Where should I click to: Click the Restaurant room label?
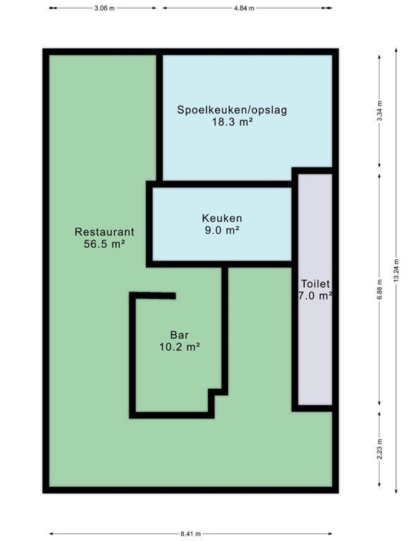pyautogui.click(x=104, y=232)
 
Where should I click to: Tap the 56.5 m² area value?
pyautogui.click(x=104, y=244)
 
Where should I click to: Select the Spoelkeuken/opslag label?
pyautogui.click(x=232, y=110)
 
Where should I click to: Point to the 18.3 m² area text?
pyautogui.click(x=233, y=122)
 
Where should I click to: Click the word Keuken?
pyautogui.click(x=222, y=218)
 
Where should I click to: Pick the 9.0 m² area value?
pyautogui.click(x=222, y=230)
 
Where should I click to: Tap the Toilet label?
pyautogui.click(x=316, y=284)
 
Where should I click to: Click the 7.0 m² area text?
pyautogui.click(x=315, y=296)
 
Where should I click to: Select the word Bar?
pyautogui.click(x=180, y=335)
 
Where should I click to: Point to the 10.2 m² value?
pyautogui.click(x=180, y=347)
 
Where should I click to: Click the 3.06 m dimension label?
pyautogui.click(x=104, y=8)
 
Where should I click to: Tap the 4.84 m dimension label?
pyautogui.click(x=244, y=8)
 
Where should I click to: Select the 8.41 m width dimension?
pyautogui.click(x=190, y=534)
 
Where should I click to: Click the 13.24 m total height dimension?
pyautogui.click(x=396, y=270)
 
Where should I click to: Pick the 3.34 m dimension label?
pyautogui.click(x=379, y=111)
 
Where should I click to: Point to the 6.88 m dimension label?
pyautogui.click(x=379, y=290)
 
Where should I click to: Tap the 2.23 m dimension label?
pyautogui.click(x=379, y=449)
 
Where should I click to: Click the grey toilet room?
pyautogui.click(x=315, y=345)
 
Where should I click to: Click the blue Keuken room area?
pyautogui.click(x=222, y=242)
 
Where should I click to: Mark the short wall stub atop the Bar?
pyautogui.click(x=155, y=296)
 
